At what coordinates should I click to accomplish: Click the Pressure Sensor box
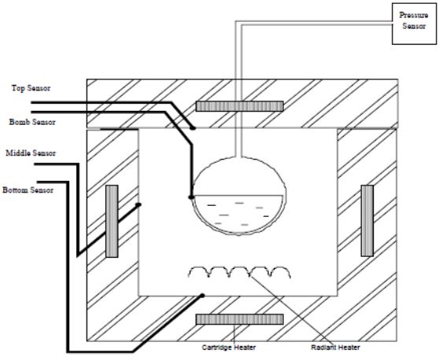point(414,24)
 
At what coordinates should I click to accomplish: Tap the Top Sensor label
point(31,88)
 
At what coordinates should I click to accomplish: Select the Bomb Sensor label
point(32,122)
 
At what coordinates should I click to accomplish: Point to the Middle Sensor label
point(31,153)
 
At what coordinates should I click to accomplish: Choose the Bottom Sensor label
point(28,190)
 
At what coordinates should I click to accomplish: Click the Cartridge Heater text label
point(229,347)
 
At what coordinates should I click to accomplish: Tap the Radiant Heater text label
point(335,347)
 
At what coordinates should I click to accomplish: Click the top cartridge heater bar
point(239,106)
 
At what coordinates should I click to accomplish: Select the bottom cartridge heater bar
point(239,319)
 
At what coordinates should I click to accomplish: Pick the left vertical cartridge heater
point(112,221)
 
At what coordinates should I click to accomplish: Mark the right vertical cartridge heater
point(367,221)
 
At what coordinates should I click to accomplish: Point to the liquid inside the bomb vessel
point(238,214)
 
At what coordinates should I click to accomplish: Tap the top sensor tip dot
point(193,128)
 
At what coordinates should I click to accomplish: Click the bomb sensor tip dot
point(191,197)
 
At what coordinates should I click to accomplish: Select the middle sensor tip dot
point(138,204)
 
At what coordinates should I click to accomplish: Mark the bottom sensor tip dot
point(202,296)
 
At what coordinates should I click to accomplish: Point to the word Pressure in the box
point(414,15)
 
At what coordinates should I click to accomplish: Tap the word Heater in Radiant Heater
point(349,347)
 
